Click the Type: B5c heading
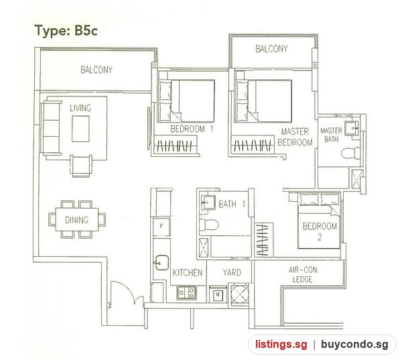click(x=66, y=31)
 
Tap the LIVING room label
click(x=80, y=108)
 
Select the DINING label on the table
click(x=76, y=220)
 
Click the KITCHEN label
click(x=188, y=272)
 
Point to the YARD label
click(x=232, y=272)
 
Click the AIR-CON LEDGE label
click(x=303, y=275)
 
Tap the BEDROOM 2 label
click(x=320, y=231)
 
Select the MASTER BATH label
click(x=331, y=135)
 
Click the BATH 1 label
click(x=232, y=204)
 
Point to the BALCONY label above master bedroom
click(x=271, y=49)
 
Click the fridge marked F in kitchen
click(x=161, y=227)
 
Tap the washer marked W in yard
click(x=218, y=294)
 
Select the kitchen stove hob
click(x=186, y=293)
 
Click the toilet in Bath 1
click(x=208, y=225)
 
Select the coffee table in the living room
click(x=80, y=129)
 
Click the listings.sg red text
click(x=281, y=344)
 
